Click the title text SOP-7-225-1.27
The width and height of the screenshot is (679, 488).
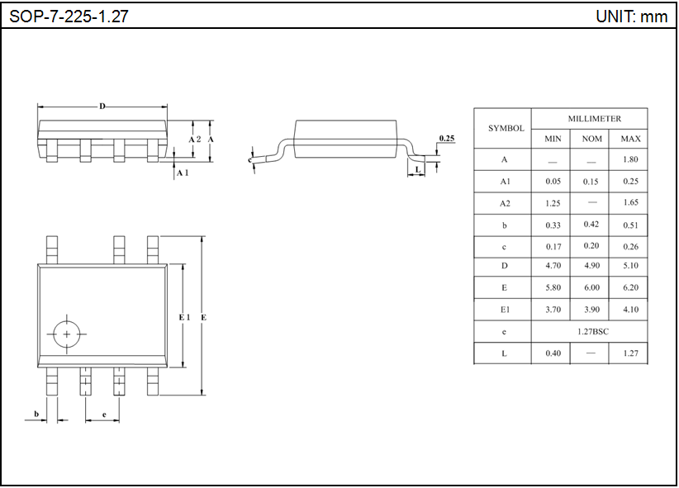(x=69, y=17)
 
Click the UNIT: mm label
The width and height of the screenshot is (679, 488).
(x=631, y=17)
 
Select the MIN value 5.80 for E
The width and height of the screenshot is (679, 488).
(x=553, y=288)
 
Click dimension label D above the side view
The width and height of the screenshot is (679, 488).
(x=102, y=107)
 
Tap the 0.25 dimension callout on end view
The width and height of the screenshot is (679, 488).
(x=446, y=138)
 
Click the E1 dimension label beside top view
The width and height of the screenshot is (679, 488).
(x=184, y=317)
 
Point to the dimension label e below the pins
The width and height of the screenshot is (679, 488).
(x=103, y=414)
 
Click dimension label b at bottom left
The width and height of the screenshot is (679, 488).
(x=36, y=414)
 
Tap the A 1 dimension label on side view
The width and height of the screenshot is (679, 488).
(x=183, y=173)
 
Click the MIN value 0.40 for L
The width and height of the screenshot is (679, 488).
(x=553, y=353)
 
